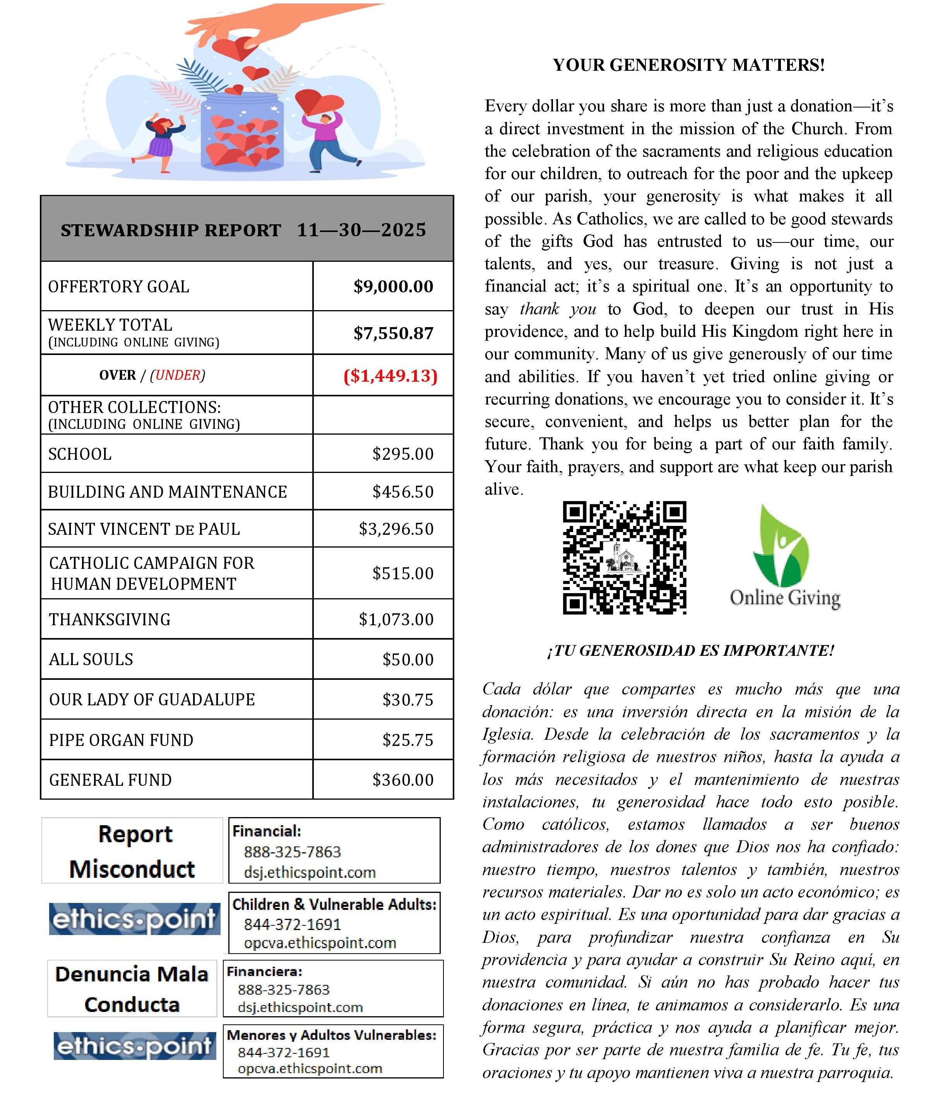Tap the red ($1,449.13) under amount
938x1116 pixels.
tap(390, 376)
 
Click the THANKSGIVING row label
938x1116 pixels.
tap(110, 619)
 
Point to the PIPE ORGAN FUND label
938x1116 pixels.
tap(121, 740)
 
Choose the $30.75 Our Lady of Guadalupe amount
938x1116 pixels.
tap(407, 700)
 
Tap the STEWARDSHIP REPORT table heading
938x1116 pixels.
tap(243, 230)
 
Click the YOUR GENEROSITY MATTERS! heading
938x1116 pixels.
tap(689, 65)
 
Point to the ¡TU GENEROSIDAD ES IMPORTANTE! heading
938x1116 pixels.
tap(690, 650)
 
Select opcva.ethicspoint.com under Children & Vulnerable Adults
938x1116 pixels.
tap(320, 943)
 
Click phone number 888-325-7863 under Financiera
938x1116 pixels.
tap(283, 990)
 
